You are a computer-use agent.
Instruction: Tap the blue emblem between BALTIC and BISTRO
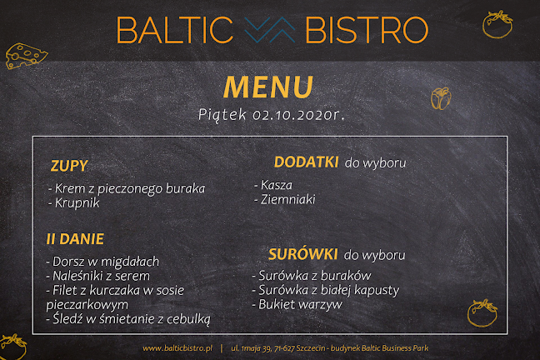[271, 31]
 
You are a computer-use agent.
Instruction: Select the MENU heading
[268, 86]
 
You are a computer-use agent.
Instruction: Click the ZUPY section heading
[69, 165]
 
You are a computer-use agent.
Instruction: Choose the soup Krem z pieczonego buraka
[127, 187]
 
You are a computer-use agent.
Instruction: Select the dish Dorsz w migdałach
[102, 262]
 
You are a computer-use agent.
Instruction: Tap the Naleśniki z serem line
[98, 276]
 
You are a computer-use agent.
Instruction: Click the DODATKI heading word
[306, 162]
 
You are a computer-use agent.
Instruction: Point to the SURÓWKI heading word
[303, 253]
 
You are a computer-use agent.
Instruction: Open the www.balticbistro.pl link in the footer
[178, 347]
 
